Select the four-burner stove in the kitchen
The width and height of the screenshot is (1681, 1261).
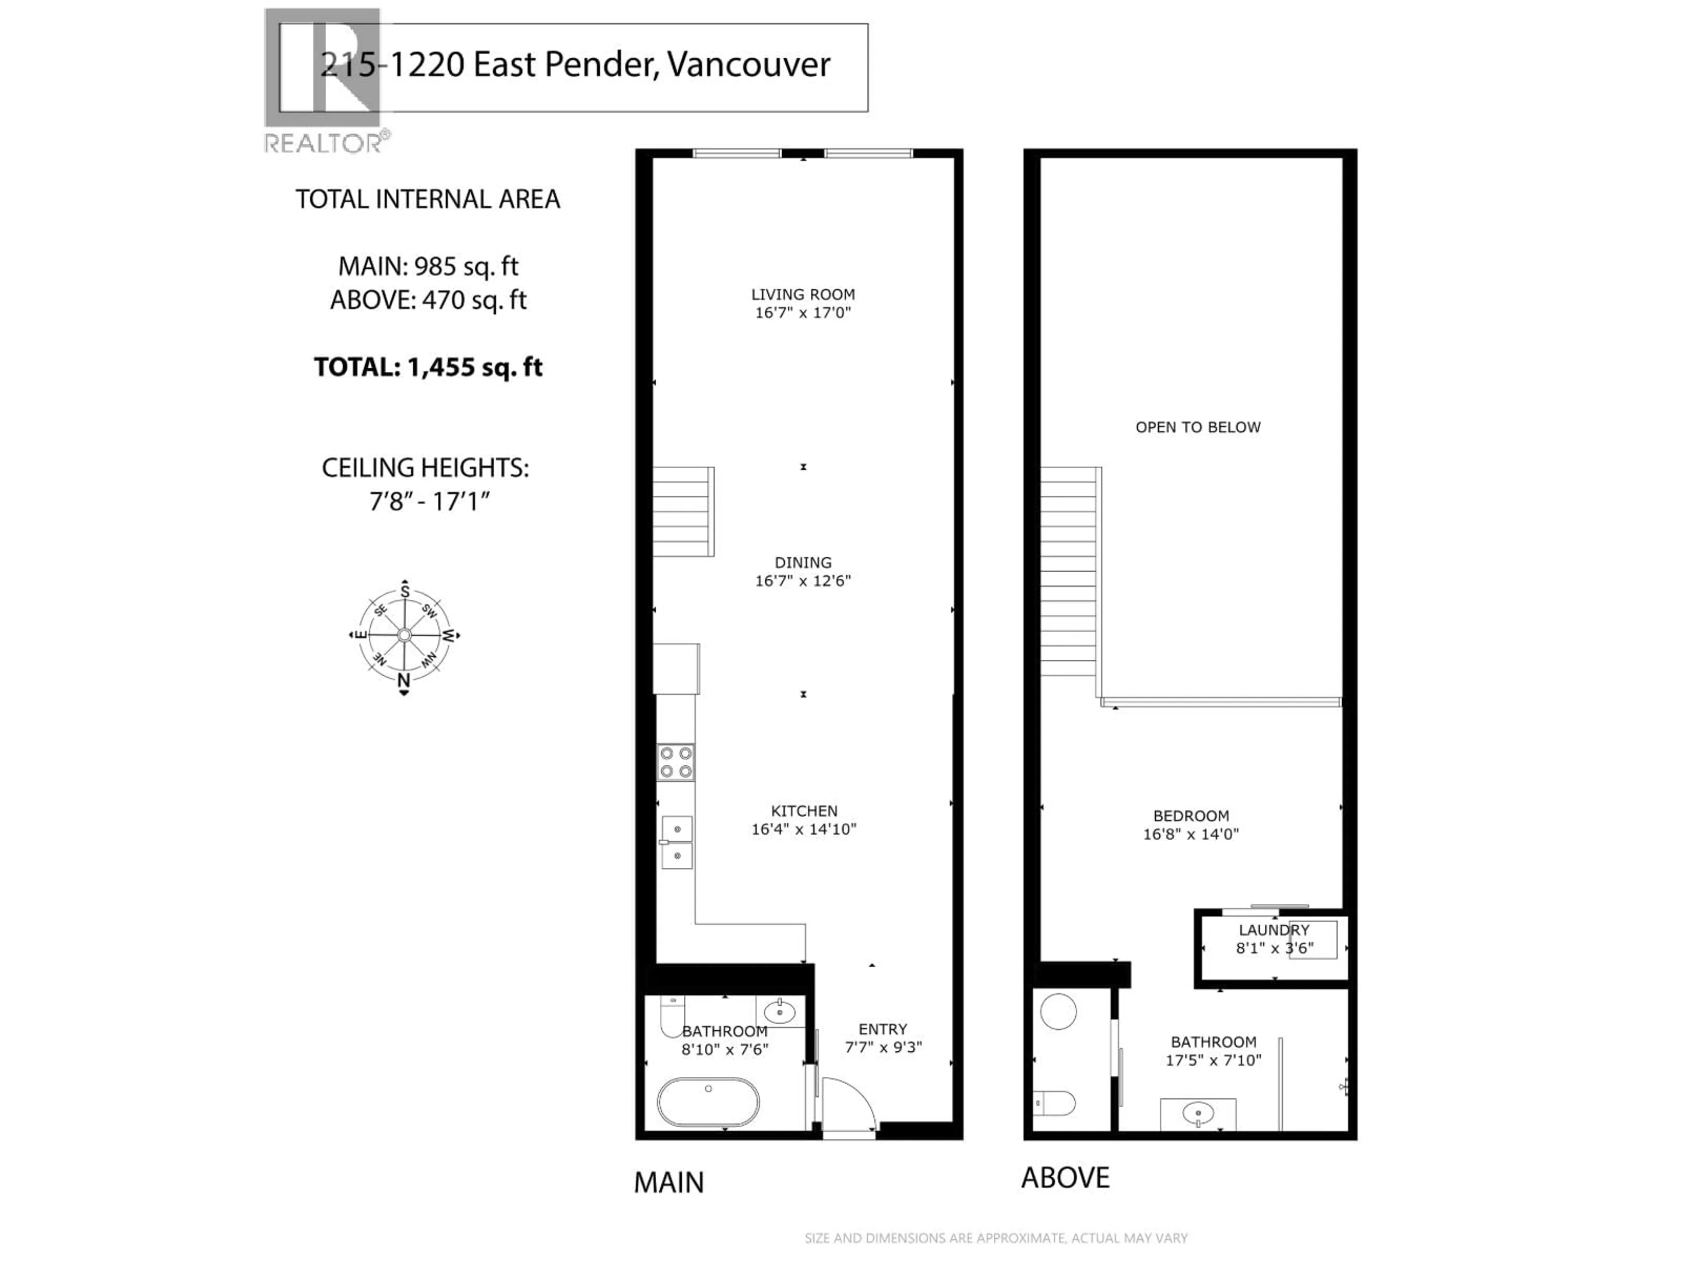click(675, 762)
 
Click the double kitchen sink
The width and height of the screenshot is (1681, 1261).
click(676, 842)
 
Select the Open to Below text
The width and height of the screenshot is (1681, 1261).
click(1198, 427)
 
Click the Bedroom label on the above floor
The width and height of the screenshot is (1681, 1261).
click(1190, 816)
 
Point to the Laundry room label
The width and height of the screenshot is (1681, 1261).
click(1274, 930)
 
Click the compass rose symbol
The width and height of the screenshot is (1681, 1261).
click(404, 635)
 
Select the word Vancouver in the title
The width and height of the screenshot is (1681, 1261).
click(749, 65)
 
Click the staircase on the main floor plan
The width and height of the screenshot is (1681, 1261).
click(682, 511)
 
